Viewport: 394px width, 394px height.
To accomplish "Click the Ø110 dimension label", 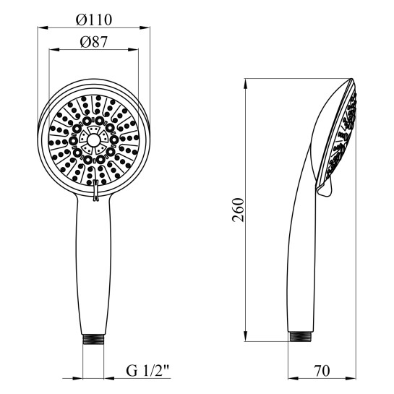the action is tap(94, 20).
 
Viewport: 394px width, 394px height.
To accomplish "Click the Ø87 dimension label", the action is tap(94, 42).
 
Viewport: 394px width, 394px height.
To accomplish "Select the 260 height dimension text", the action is tap(238, 210).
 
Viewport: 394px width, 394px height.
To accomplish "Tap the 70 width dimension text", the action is tap(322, 371).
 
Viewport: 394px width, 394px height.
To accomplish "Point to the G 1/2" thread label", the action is tap(147, 371).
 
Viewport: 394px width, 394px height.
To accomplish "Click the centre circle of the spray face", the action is tap(93, 140).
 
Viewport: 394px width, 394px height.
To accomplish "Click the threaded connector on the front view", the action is tap(93, 339).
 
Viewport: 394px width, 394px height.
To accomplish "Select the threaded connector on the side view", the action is tap(301, 336).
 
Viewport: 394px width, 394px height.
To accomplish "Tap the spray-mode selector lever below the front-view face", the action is tap(95, 190).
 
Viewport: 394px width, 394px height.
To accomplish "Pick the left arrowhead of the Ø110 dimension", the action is tap(43, 27).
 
